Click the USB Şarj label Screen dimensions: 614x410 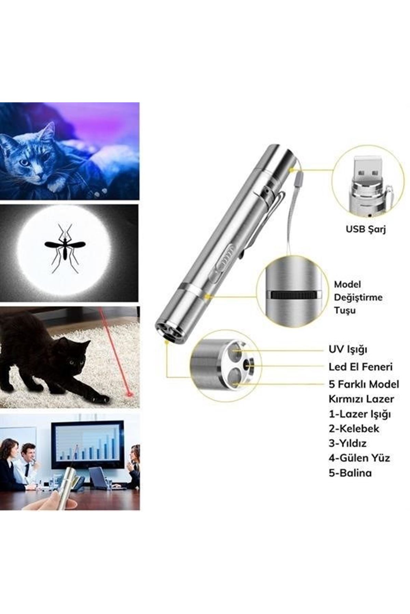pos(366,229)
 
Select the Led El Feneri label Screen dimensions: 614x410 pos(360,367)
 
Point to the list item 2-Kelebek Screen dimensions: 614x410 pos(354,428)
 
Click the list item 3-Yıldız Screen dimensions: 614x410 pos(347,443)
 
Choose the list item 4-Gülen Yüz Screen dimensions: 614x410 pos(359,458)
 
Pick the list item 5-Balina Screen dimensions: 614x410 pos(350,473)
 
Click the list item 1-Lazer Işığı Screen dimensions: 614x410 pos(360,414)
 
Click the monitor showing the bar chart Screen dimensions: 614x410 pos(87,444)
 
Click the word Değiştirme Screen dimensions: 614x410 pos(358,297)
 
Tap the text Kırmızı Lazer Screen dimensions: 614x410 pos(361,399)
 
